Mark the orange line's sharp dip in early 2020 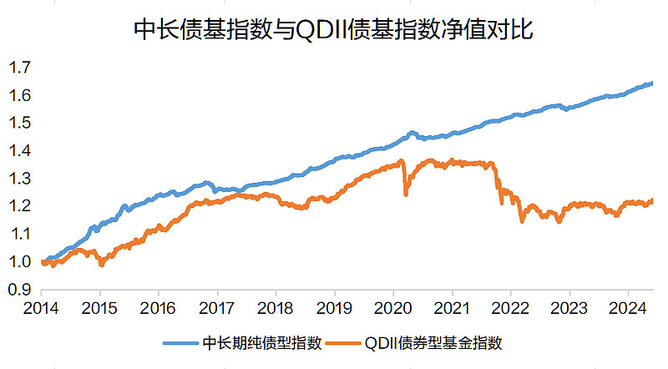406,194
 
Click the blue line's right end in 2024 651,83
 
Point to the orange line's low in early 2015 101,264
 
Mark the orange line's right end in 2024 651,200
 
